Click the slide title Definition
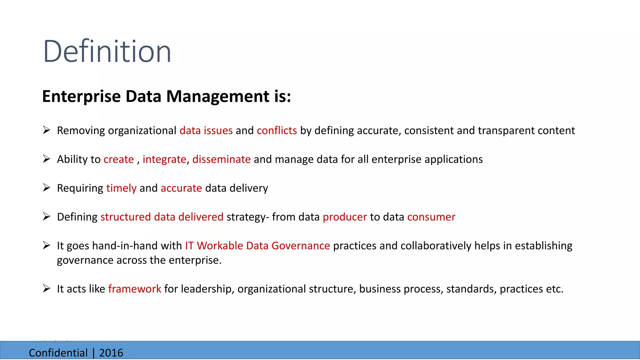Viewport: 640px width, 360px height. pos(107,51)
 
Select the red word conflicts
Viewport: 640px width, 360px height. pos(277,131)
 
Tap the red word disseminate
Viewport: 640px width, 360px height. pos(221,159)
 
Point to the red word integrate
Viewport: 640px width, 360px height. pos(164,159)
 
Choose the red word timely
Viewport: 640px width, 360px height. pos(121,188)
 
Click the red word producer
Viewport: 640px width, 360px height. pos(345,217)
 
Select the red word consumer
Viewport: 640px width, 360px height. pos(431,217)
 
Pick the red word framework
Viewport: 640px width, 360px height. pos(135,289)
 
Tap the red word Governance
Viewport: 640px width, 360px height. pos(301,246)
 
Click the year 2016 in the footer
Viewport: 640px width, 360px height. pos(111,353)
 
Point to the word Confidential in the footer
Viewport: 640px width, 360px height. pos(58,353)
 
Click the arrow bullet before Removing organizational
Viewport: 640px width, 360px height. pos(47,130)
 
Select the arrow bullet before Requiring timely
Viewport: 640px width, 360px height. pos(47,187)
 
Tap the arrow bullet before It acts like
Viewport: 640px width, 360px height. pos(47,288)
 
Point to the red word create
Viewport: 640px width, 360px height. pos(119,159)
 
